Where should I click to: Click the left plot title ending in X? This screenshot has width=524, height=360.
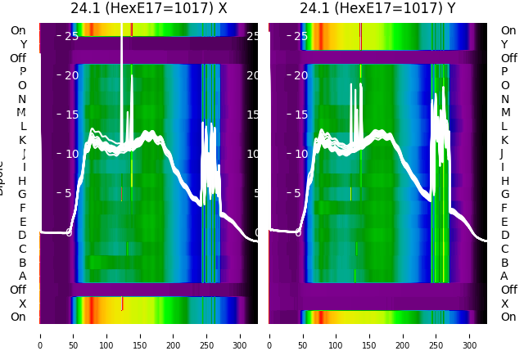pyautogui.click(x=149, y=9)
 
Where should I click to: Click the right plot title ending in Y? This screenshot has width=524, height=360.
pyautogui.click(x=378, y=9)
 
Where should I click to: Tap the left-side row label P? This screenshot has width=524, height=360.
pyautogui.click(x=22, y=72)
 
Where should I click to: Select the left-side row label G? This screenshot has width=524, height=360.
pyautogui.click(x=22, y=195)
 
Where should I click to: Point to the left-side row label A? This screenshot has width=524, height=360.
pyautogui.click(x=22, y=277)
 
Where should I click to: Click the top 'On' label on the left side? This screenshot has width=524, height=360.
pyautogui.click(x=18, y=31)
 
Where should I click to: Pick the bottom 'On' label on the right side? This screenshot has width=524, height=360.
pyautogui.click(x=508, y=317)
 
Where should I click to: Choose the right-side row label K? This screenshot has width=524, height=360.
pyautogui.click(x=504, y=140)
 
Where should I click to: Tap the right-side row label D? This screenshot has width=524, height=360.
pyautogui.click(x=504, y=236)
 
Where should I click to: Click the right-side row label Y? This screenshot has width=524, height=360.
pyautogui.click(x=504, y=45)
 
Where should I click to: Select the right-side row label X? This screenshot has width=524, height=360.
pyautogui.click(x=504, y=304)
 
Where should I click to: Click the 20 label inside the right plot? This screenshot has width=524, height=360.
pyautogui.click(x=300, y=75)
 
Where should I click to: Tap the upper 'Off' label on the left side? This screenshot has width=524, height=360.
pyautogui.click(x=18, y=58)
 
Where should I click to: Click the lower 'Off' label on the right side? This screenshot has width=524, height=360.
pyautogui.click(x=508, y=290)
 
